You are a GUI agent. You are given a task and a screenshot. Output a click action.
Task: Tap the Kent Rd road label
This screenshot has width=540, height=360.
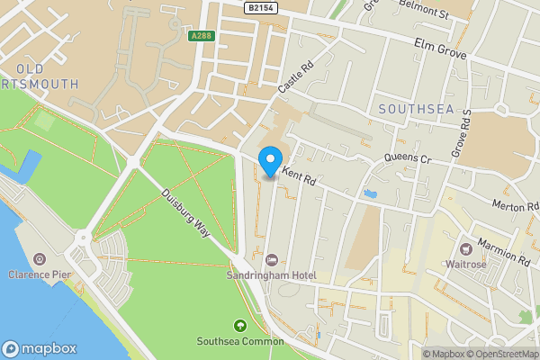[300, 175]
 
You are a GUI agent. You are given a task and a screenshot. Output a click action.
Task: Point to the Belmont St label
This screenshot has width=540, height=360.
[423, 13]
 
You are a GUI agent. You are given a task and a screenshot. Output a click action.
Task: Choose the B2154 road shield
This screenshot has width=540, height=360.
[261, 7]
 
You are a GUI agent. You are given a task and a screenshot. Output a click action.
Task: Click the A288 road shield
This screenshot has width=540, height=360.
[201, 37]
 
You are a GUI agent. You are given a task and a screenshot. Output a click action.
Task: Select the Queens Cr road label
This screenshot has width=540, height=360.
[409, 158]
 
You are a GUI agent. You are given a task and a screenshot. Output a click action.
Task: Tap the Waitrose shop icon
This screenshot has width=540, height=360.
[466, 248]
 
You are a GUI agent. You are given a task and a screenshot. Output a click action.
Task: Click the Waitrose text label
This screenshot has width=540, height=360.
[465, 265]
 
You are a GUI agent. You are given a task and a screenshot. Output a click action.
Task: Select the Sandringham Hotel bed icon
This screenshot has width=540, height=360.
[271, 260]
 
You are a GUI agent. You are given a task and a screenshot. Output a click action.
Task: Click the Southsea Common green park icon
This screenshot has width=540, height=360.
[239, 325]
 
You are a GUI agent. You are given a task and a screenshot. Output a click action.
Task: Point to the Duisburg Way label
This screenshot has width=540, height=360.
[186, 212]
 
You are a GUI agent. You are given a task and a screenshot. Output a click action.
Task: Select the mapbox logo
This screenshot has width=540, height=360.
[40, 348]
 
